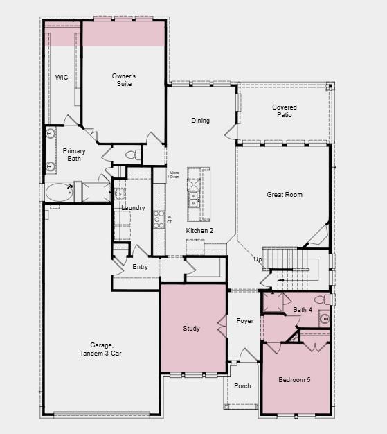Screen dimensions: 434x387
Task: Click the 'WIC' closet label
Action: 62,77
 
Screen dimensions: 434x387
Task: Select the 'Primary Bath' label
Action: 74,155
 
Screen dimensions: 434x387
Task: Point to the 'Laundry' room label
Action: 133,208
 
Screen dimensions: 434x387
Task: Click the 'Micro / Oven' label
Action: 174,174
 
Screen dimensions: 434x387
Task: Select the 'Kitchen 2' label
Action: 199,230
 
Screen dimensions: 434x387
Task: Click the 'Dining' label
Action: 200,121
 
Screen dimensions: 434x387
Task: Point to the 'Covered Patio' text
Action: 285,111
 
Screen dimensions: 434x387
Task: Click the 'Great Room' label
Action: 285,195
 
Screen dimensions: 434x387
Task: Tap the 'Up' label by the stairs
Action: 258,259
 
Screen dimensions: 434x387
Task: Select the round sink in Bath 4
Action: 323,320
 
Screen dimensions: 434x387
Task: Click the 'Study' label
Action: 191,329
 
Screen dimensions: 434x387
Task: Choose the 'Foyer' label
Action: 244,321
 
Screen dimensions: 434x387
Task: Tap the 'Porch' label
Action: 242,386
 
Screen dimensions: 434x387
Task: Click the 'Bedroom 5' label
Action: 295,379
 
